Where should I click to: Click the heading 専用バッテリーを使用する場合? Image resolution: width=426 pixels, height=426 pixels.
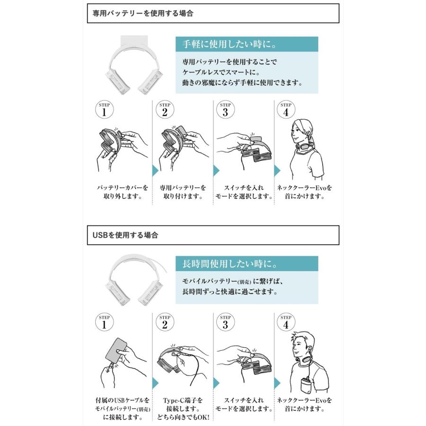(143, 13)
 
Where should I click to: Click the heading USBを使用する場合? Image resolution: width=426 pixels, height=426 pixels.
(125, 235)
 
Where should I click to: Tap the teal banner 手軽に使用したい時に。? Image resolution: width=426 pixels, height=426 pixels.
(247, 44)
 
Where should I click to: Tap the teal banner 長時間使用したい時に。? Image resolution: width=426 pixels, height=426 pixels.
(247, 264)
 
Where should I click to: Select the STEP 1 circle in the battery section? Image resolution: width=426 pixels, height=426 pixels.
(104, 110)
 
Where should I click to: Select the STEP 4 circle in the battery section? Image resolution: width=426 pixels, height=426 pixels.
(286, 110)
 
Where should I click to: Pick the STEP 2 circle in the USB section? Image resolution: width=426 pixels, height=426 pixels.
(165, 322)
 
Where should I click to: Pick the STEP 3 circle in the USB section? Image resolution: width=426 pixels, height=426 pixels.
(225, 322)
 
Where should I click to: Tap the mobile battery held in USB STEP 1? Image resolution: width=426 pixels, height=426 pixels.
(116, 352)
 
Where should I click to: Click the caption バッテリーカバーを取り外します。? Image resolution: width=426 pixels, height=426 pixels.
(123, 192)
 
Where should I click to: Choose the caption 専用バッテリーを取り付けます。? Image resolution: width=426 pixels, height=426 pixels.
(183, 192)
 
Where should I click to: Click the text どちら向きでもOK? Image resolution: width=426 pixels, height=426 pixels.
(183, 417)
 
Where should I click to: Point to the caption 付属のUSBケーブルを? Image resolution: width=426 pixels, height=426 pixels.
(123, 400)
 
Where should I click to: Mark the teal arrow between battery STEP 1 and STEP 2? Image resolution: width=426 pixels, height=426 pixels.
(155, 170)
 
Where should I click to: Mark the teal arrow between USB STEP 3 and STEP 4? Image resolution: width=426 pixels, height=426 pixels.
(277, 383)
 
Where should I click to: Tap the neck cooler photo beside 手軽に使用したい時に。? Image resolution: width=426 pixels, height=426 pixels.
(134, 65)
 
